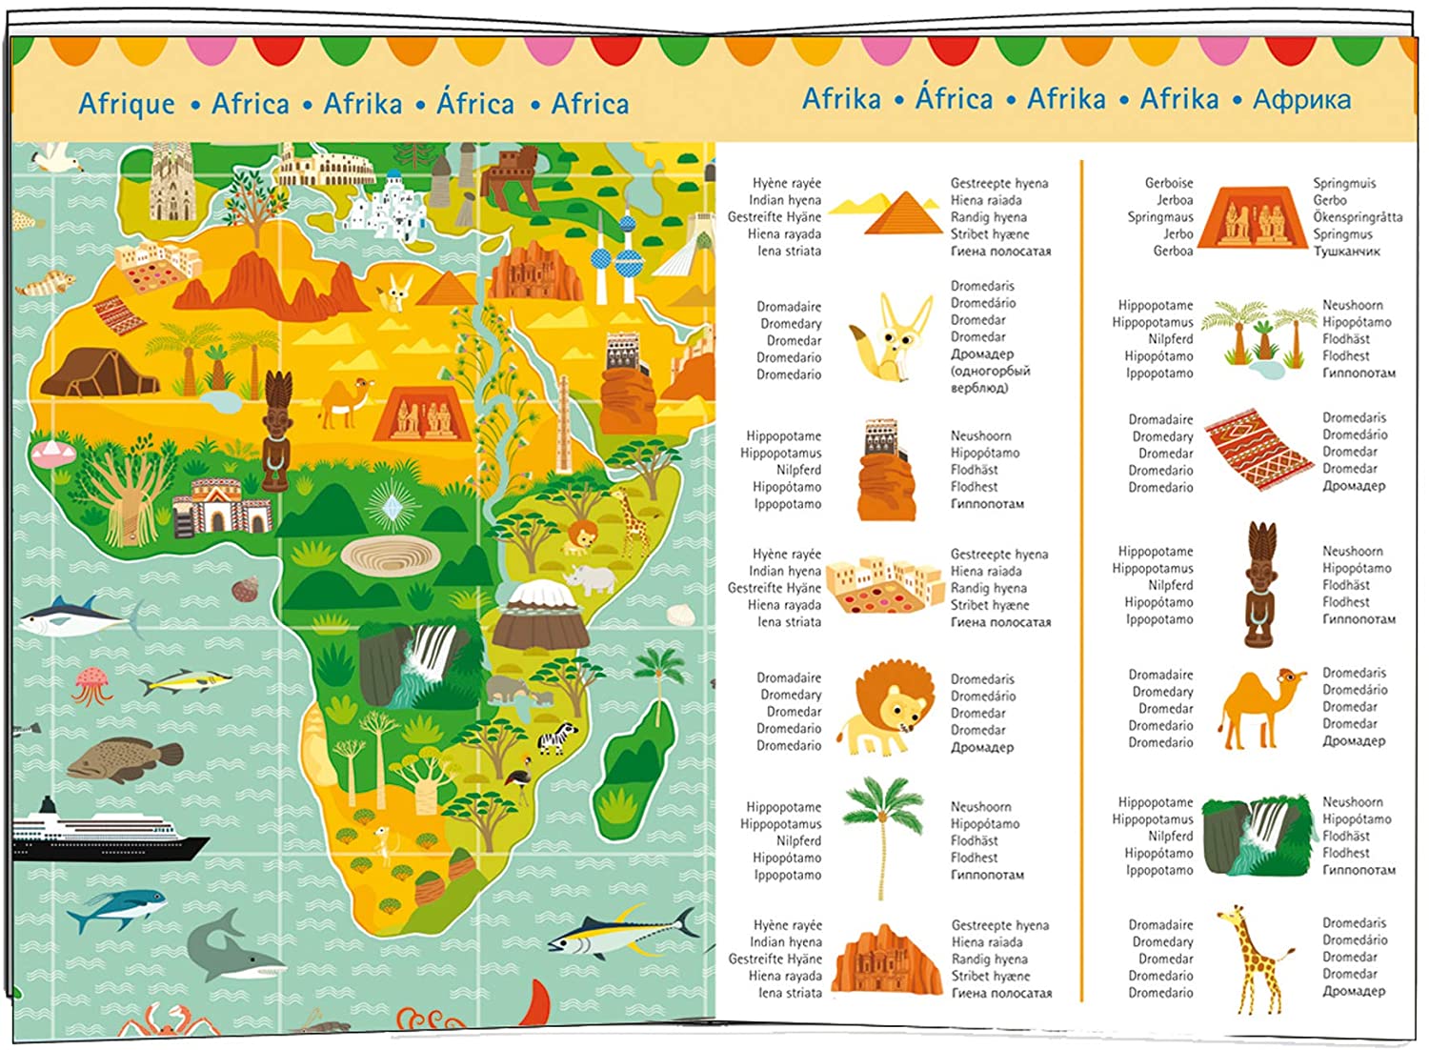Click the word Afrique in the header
pyautogui.click(x=127, y=104)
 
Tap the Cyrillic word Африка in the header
pyautogui.click(x=1301, y=99)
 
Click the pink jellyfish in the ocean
pyautogui.click(x=92, y=683)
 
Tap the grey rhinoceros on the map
pyautogui.click(x=589, y=578)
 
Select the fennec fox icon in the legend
pyautogui.click(x=891, y=338)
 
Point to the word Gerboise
pyautogui.click(x=1168, y=183)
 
